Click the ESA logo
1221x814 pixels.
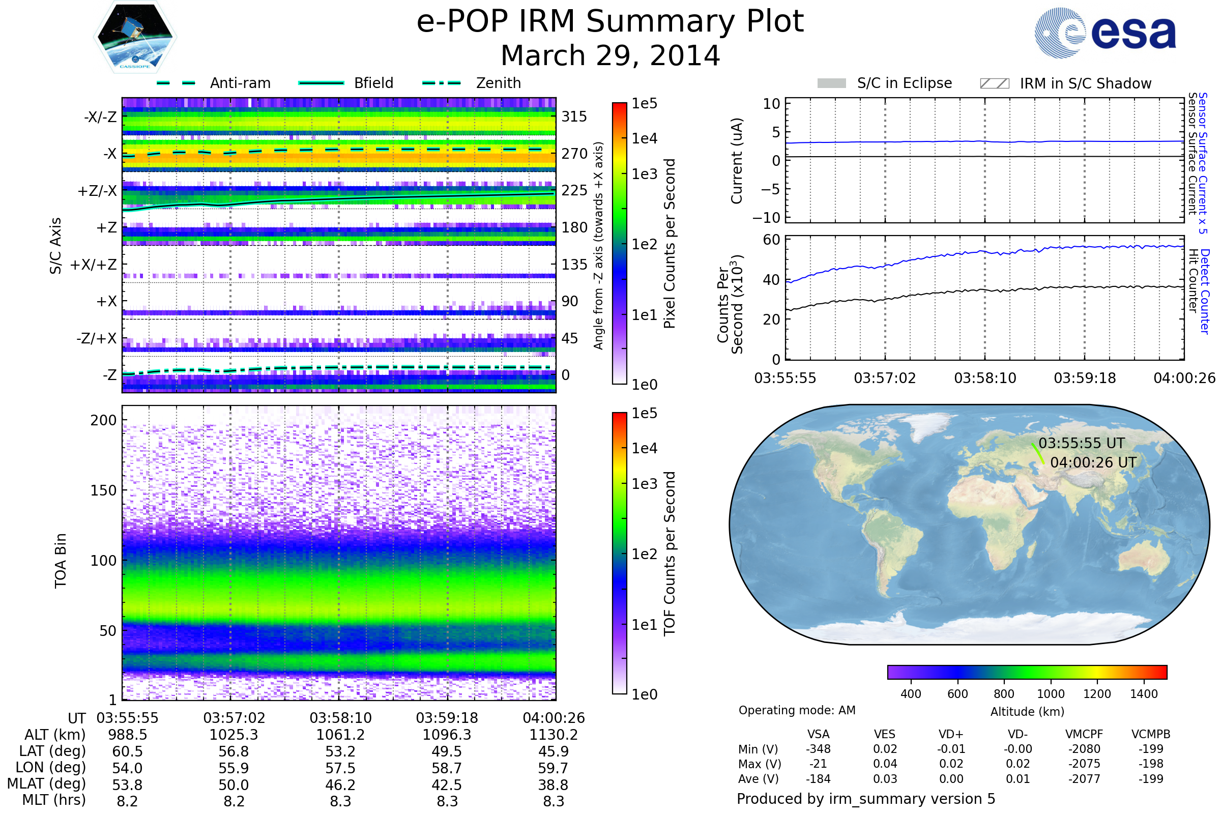pyautogui.click(x=1105, y=33)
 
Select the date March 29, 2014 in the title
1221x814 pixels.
pyautogui.click(x=610, y=55)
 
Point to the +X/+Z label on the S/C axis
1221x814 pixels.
pyautogui.click(x=94, y=265)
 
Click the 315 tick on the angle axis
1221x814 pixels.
pyautogui.click(x=574, y=117)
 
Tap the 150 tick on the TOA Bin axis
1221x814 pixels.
pyautogui.click(x=103, y=490)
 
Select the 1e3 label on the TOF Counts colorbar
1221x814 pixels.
pyautogui.click(x=644, y=484)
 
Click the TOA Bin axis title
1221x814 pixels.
pyautogui.click(x=61, y=560)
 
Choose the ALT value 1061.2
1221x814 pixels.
pyautogui.click(x=340, y=735)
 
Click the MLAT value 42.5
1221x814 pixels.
pyautogui.click(x=447, y=785)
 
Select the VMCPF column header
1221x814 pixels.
pyautogui.click(x=1084, y=735)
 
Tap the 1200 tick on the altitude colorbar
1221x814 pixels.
pyautogui.click(x=1097, y=694)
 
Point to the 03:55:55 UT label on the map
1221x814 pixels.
pyautogui.click(x=1082, y=443)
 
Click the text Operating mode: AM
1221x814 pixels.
pyautogui.click(x=797, y=710)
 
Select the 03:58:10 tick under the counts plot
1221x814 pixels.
pyautogui.click(x=985, y=378)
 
